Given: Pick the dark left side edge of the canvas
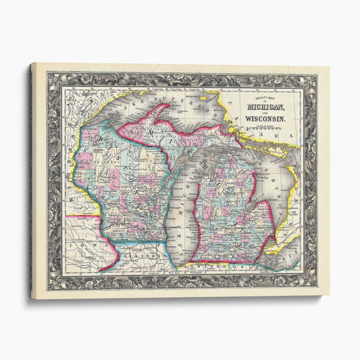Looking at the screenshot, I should (31, 182).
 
